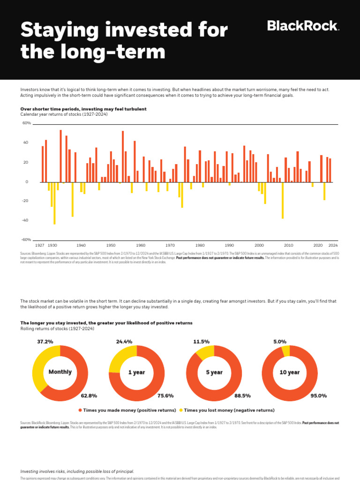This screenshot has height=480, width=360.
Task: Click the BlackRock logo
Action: [303, 26]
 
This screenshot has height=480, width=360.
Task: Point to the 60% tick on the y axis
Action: [26, 123]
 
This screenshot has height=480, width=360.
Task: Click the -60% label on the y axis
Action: [26, 240]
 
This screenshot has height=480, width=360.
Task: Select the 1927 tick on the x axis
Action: [40, 245]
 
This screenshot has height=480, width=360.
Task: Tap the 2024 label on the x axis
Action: [333, 245]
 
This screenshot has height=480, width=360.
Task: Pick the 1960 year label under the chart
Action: [141, 245]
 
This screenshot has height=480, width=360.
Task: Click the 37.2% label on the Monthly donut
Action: [45, 342]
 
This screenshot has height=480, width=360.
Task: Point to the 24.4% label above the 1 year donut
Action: [124, 342]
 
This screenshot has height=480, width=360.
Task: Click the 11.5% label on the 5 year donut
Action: [201, 342]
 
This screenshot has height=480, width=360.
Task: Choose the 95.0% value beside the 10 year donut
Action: [319, 396]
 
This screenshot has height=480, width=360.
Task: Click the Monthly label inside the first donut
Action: [60, 372]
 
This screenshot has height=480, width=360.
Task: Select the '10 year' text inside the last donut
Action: [290, 373]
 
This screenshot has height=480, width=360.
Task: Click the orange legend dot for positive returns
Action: [80, 410]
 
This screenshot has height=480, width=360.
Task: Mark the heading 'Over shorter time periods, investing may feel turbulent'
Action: [83, 109]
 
